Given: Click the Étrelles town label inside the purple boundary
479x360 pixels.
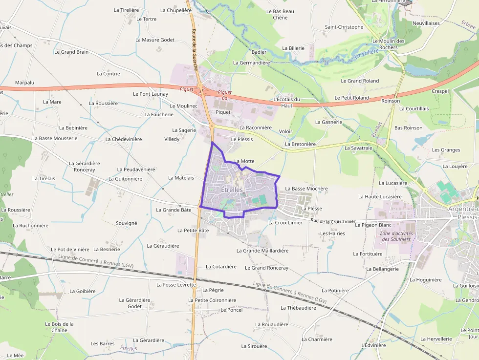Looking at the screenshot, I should click(x=232, y=190).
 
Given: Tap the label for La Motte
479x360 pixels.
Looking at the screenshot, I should click(x=244, y=161).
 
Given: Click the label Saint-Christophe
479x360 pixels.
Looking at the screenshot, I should click(x=344, y=27).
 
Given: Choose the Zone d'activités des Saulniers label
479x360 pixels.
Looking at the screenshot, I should click(x=396, y=236).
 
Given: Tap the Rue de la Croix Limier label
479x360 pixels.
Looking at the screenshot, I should click(x=333, y=221).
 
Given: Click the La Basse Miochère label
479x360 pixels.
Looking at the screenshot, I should click(x=306, y=188).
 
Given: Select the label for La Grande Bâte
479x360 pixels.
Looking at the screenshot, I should click(x=174, y=210).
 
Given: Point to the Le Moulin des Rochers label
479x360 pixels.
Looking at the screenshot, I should click(x=388, y=44).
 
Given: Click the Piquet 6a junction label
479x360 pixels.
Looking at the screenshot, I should click(x=224, y=95).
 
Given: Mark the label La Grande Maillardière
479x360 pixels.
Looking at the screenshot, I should click(x=262, y=251).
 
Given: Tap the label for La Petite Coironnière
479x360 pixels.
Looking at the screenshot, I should click(x=212, y=300).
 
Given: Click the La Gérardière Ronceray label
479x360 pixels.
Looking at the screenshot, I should click(x=85, y=167).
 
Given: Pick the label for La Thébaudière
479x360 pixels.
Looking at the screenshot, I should click(x=298, y=308).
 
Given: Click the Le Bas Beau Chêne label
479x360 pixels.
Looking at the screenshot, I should click(x=280, y=14).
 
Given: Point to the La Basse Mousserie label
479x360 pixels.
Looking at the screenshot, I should click(x=55, y=138).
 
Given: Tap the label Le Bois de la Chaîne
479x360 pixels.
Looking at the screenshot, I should click(x=59, y=327).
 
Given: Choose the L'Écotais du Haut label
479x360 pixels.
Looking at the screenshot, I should click(x=287, y=102).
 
